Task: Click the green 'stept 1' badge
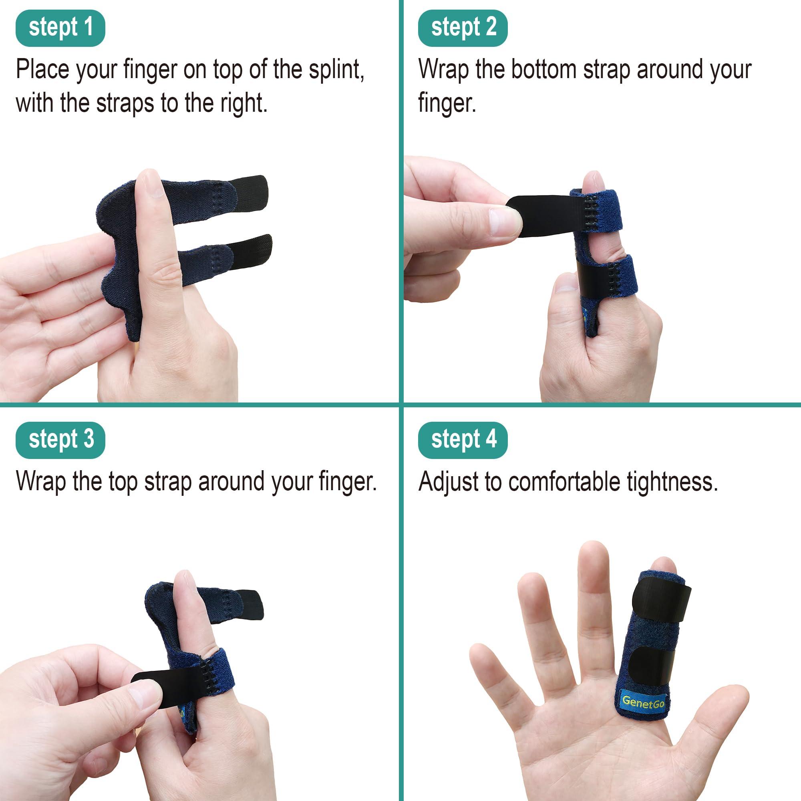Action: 60,28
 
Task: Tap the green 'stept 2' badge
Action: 463,28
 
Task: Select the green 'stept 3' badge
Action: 60,440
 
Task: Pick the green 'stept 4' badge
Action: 463,440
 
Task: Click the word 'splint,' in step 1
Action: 336,70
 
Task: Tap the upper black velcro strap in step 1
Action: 248,191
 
